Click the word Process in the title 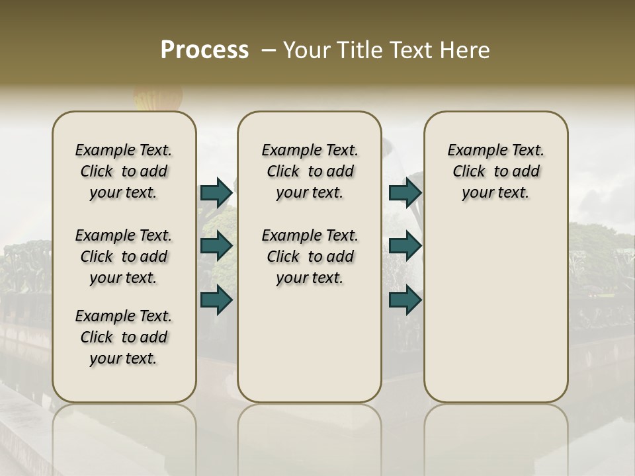tap(204, 50)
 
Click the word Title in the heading tap(357, 50)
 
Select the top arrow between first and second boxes tap(216, 193)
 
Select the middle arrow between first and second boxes tap(216, 247)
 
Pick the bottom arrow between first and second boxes tap(216, 300)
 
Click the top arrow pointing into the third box tap(405, 193)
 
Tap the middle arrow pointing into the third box tap(405, 247)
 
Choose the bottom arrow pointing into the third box tap(405, 300)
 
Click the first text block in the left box tap(124, 171)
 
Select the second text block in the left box tap(124, 257)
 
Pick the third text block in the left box tap(124, 337)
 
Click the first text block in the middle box tap(310, 171)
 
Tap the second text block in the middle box tap(310, 257)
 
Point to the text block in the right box tap(495, 171)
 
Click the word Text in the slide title tap(412, 50)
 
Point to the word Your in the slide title tap(307, 50)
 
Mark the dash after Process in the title tap(269, 50)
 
